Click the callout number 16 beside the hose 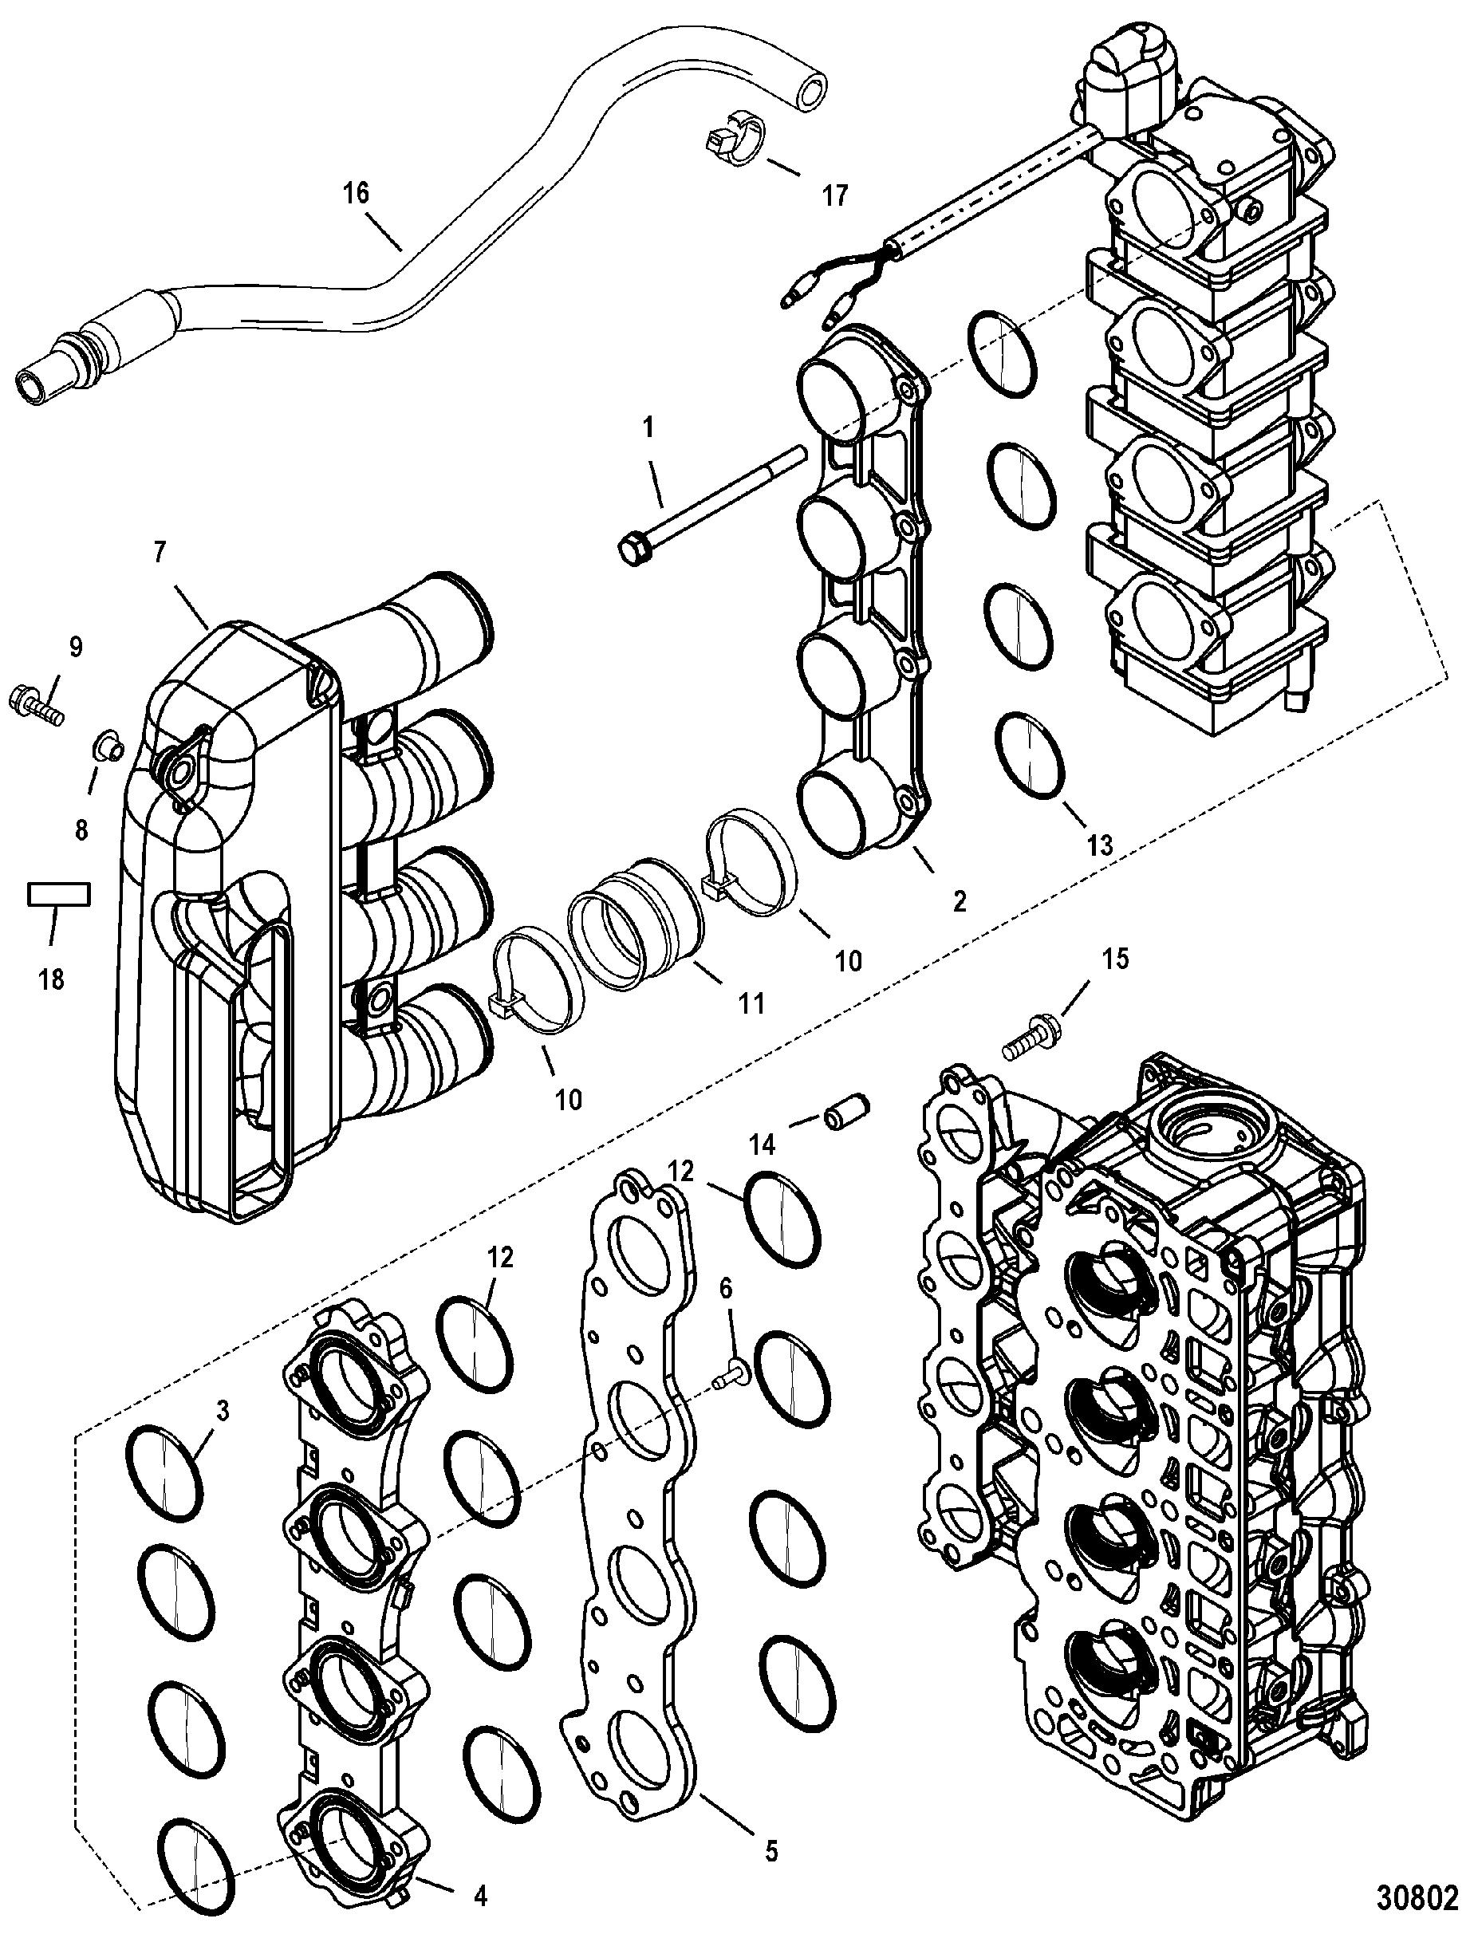[x=357, y=193]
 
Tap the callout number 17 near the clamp [x=835, y=195]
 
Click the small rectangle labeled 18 [x=58, y=896]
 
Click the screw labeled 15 [x=1035, y=1033]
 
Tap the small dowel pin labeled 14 [x=845, y=1111]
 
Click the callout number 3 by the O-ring [x=223, y=1412]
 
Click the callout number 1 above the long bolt [x=648, y=428]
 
